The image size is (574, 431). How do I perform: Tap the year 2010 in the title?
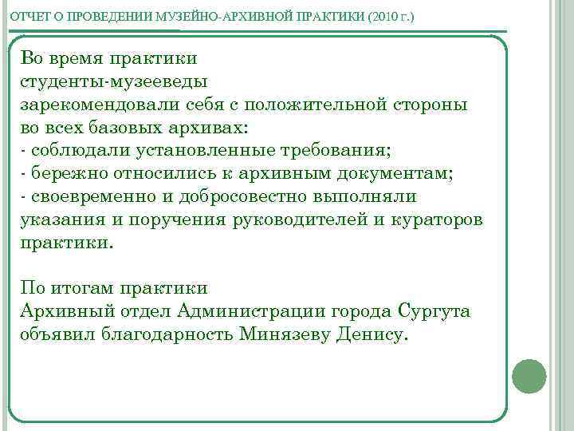[384, 16]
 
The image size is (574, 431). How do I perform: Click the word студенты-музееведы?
[114, 81]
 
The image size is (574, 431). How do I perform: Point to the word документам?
[382, 173]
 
